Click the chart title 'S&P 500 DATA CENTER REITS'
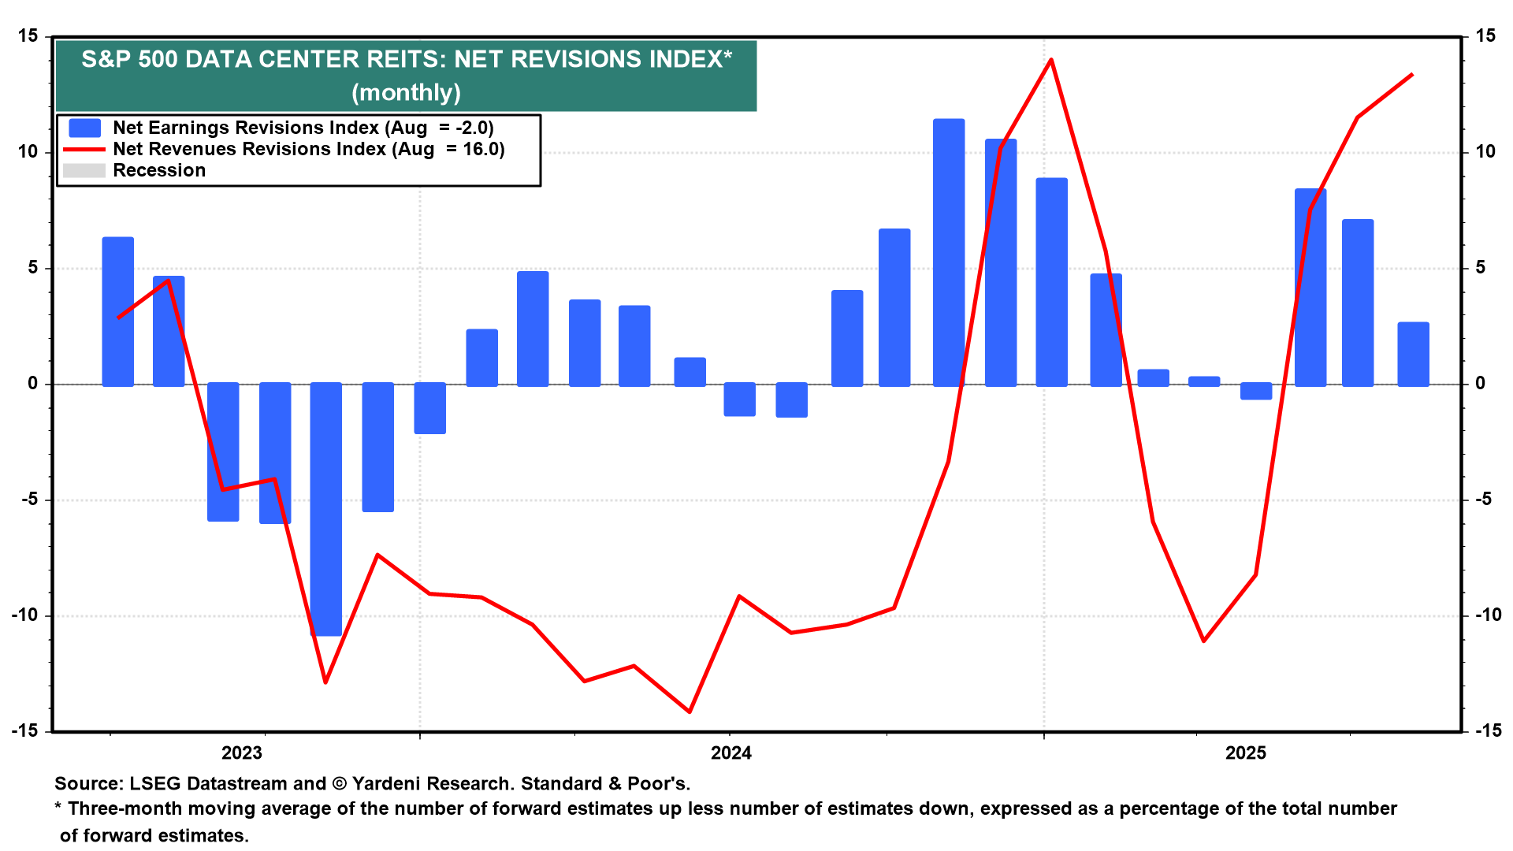(x=406, y=60)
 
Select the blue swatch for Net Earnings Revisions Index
(x=84, y=128)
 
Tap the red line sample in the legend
(x=84, y=149)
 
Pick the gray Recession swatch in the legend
(x=84, y=170)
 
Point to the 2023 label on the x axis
(x=241, y=753)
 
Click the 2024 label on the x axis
(x=730, y=753)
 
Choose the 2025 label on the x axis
(x=1245, y=753)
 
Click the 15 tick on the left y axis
(x=28, y=36)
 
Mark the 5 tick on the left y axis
(x=32, y=268)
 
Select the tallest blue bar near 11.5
(x=949, y=252)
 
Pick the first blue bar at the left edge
(x=118, y=311)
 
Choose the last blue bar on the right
(x=1413, y=354)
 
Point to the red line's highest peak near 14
(x=1051, y=60)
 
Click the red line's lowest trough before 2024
(x=690, y=712)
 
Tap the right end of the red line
(x=1412, y=75)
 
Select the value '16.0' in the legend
(x=483, y=149)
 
